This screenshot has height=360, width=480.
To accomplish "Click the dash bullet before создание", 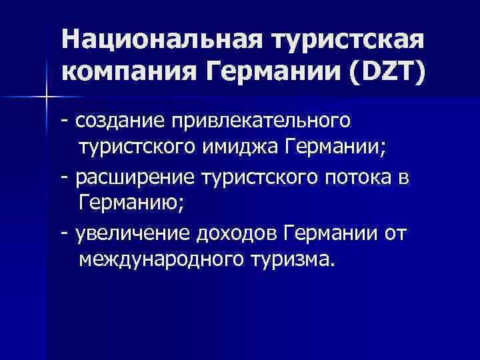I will [64, 122].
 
